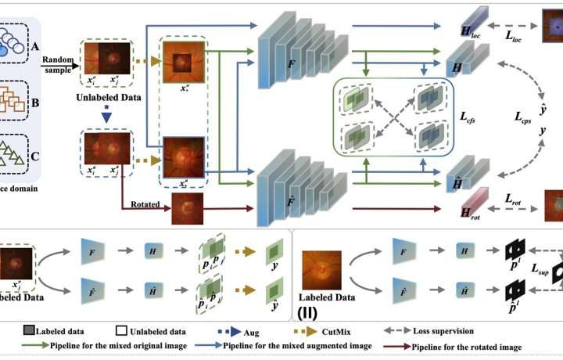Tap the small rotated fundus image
click(x=187, y=208)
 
